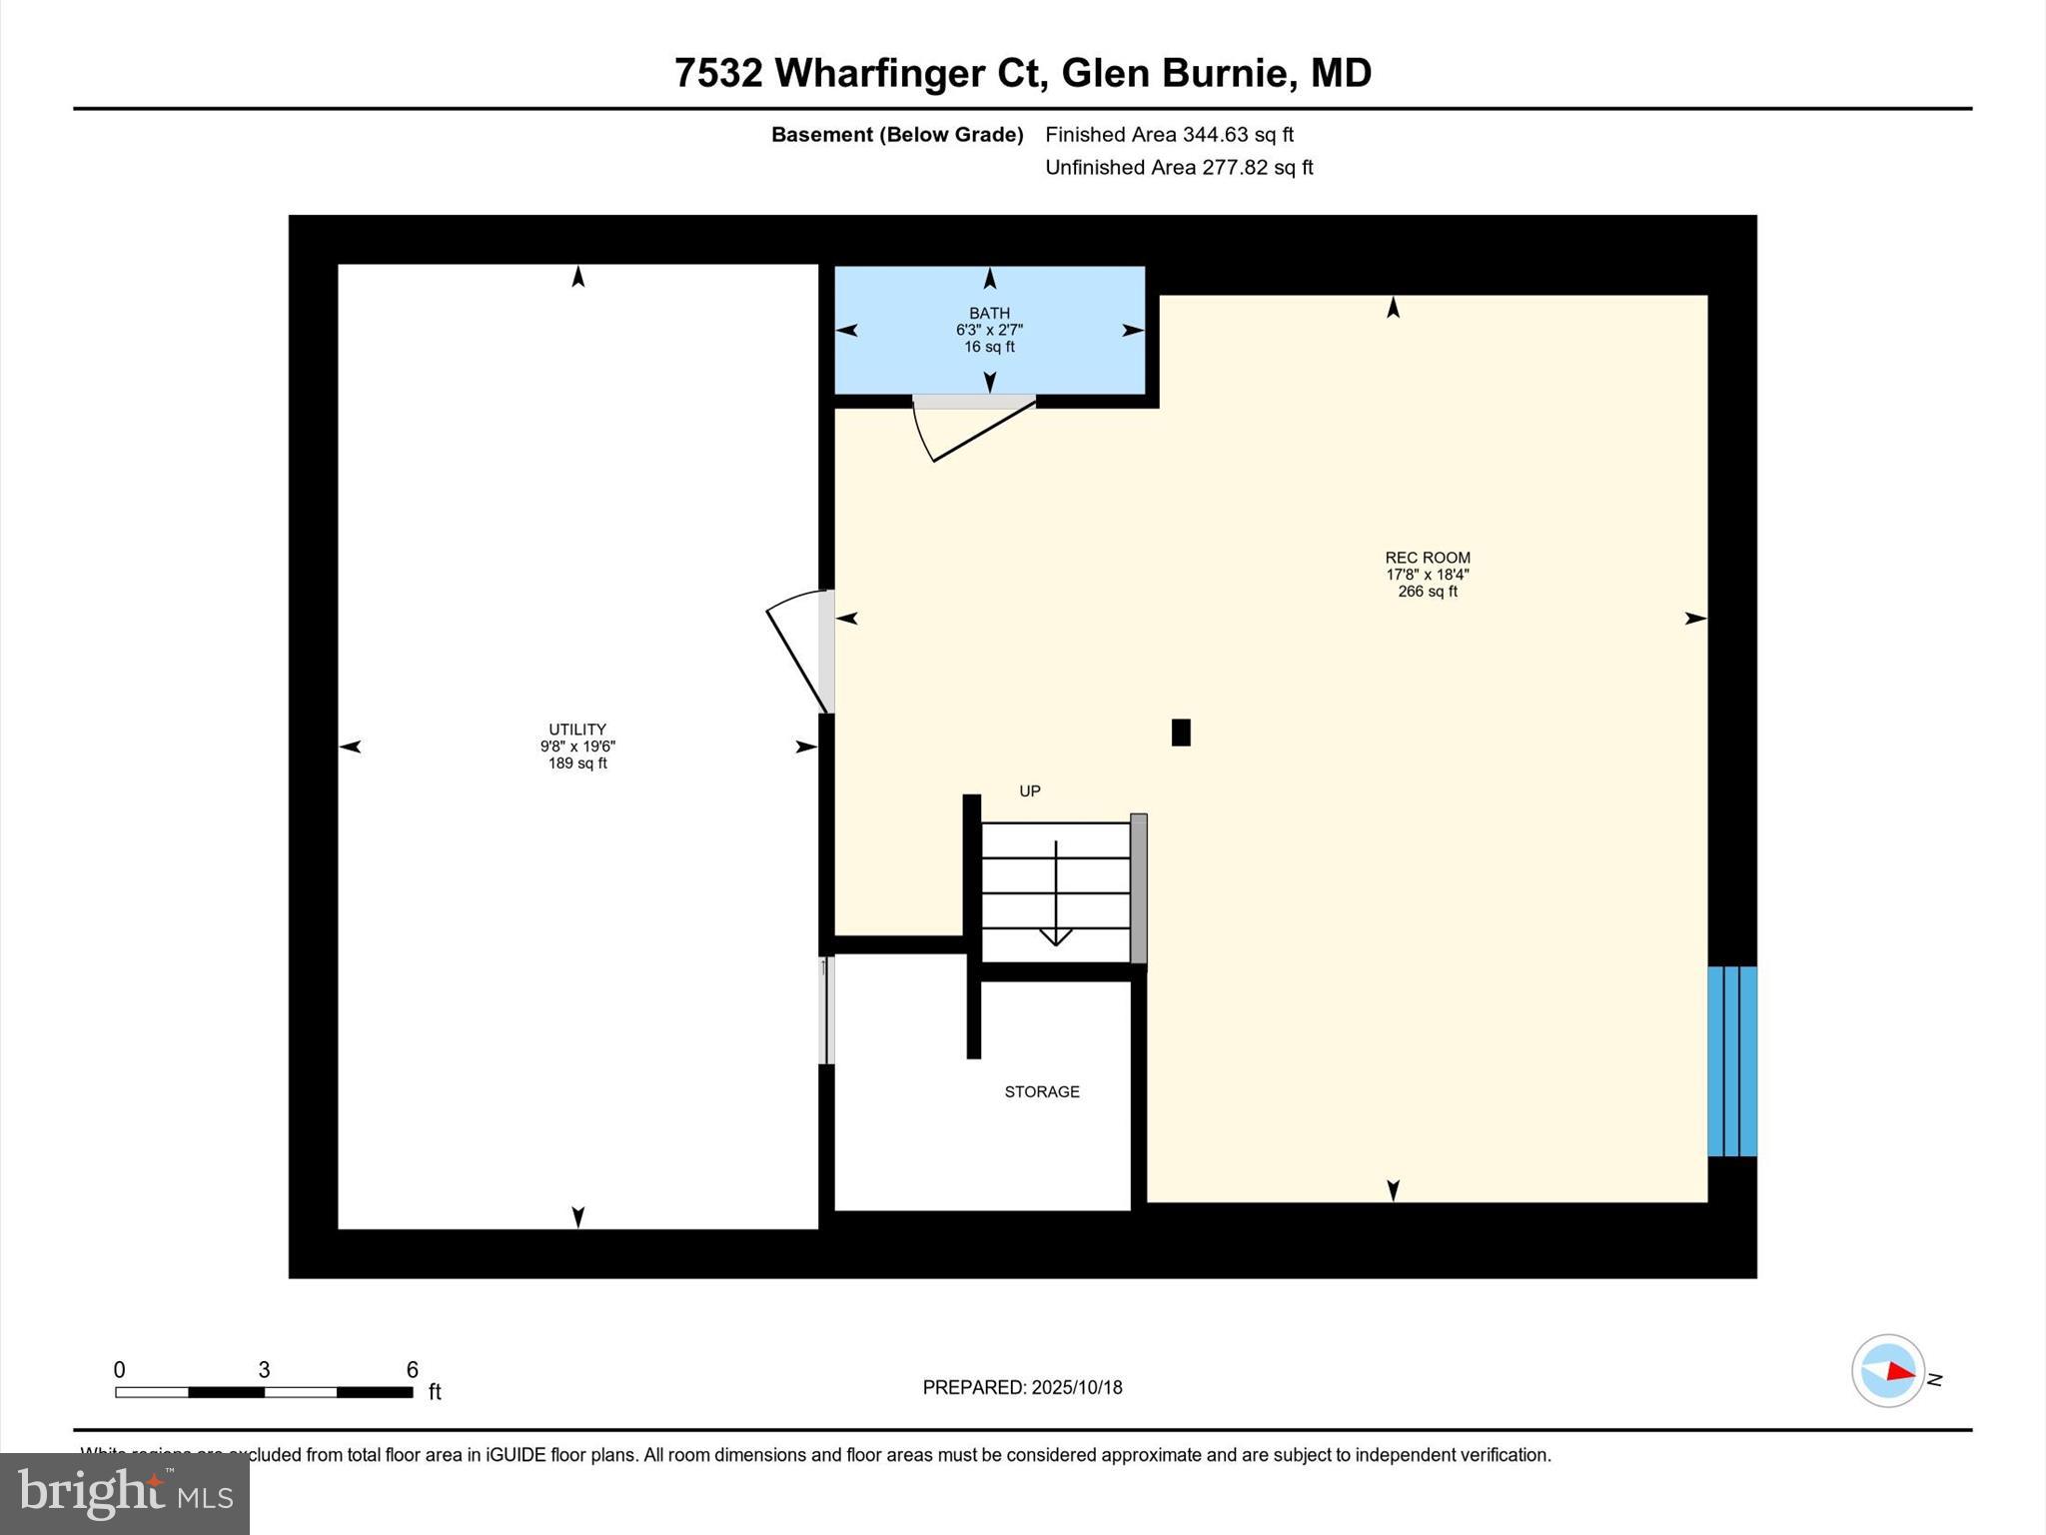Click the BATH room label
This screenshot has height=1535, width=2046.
click(x=989, y=314)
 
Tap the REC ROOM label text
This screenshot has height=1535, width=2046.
click(x=1427, y=559)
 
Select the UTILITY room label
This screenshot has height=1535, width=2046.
click(x=577, y=731)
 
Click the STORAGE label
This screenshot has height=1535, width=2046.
click(x=1042, y=1092)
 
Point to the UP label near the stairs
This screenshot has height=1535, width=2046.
click(x=1030, y=791)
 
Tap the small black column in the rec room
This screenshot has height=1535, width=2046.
click(x=1181, y=733)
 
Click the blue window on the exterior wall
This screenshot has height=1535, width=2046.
click(x=1732, y=1061)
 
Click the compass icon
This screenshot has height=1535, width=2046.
click(x=1888, y=1371)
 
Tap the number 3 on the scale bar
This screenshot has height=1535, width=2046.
click(x=264, y=1370)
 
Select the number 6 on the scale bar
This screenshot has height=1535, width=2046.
click(x=412, y=1370)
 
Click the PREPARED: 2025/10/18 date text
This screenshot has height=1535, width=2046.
click(x=1022, y=1387)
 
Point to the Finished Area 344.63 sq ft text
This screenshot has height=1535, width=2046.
click(x=1169, y=135)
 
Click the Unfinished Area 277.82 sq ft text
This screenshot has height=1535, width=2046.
click(x=1179, y=168)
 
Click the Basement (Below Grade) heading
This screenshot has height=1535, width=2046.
click(x=897, y=135)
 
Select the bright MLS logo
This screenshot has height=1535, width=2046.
click(x=125, y=1494)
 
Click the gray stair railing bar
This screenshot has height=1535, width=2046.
click(x=1139, y=889)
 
